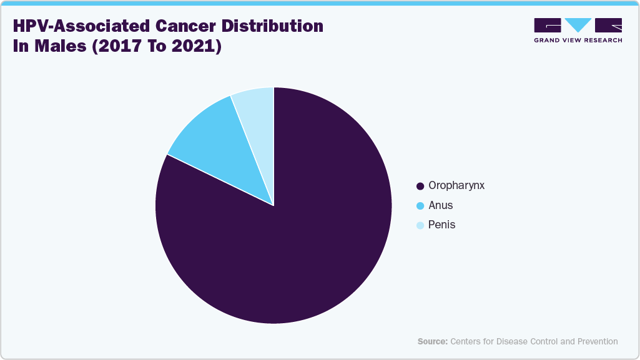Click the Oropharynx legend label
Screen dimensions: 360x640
[x=456, y=186]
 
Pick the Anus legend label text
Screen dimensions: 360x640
[x=441, y=205]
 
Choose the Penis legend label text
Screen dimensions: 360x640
[x=442, y=225]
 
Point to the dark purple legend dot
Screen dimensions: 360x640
[x=420, y=187]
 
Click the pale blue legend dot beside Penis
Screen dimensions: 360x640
[x=420, y=225]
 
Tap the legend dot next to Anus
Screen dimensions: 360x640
[x=420, y=206]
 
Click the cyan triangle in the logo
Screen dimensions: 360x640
[x=578, y=25]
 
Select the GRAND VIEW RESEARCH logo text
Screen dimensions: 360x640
[x=578, y=41]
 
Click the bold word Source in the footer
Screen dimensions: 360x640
[x=433, y=341]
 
